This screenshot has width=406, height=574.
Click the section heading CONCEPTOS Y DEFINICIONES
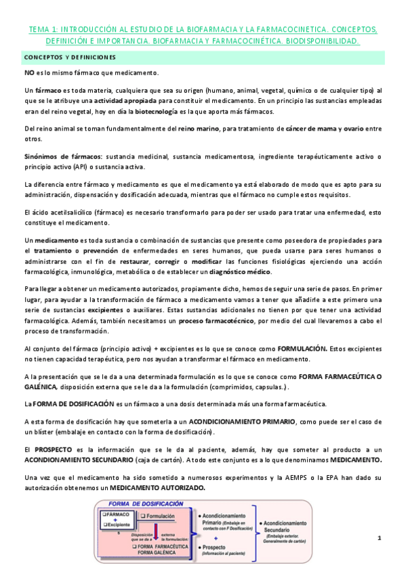(70, 57)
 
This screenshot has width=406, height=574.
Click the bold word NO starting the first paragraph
(30, 73)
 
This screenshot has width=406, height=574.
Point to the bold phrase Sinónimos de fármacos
(60, 156)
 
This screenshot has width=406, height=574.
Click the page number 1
(380, 537)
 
